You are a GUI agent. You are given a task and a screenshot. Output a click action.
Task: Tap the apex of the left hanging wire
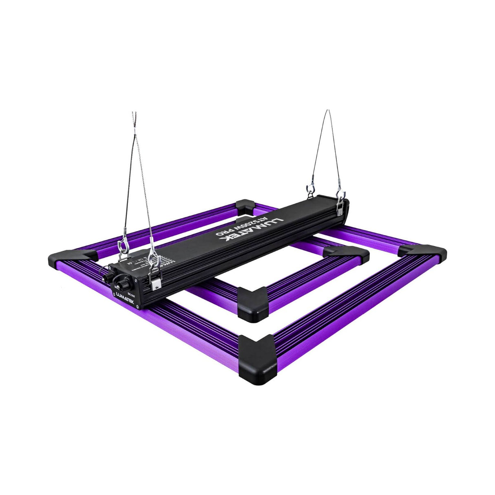(134, 115)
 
